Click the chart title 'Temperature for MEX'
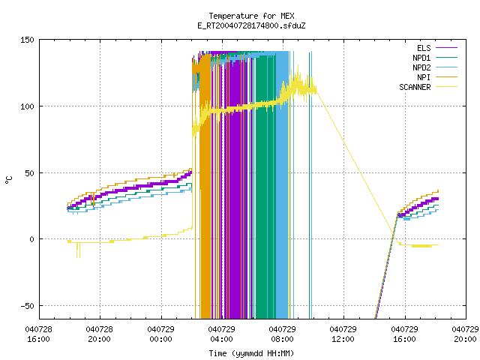click(251, 16)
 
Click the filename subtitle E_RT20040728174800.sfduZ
click(251, 25)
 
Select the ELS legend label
click(424, 48)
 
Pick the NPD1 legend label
click(421, 58)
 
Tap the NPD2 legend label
click(421, 67)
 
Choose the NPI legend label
click(424, 77)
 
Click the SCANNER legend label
click(415, 87)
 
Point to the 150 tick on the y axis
click(27, 40)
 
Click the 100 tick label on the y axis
click(27, 106)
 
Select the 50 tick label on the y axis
click(29, 173)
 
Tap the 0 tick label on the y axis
click(31, 239)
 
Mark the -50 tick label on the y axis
click(27, 306)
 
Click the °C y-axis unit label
click(9, 180)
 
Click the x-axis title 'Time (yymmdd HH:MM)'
click(251, 353)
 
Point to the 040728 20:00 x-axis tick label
click(99, 334)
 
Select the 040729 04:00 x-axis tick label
click(221, 334)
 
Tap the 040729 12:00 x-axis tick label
click(343, 334)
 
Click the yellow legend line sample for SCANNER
click(446, 87)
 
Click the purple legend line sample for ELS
click(446, 48)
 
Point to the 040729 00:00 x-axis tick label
click(160, 334)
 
